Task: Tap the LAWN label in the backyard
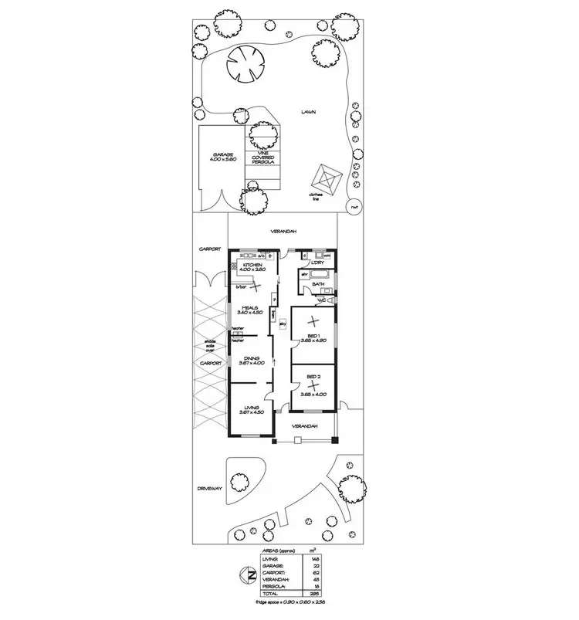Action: tap(310, 112)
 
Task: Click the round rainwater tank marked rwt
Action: tap(354, 207)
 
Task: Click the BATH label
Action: tap(318, 285)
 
